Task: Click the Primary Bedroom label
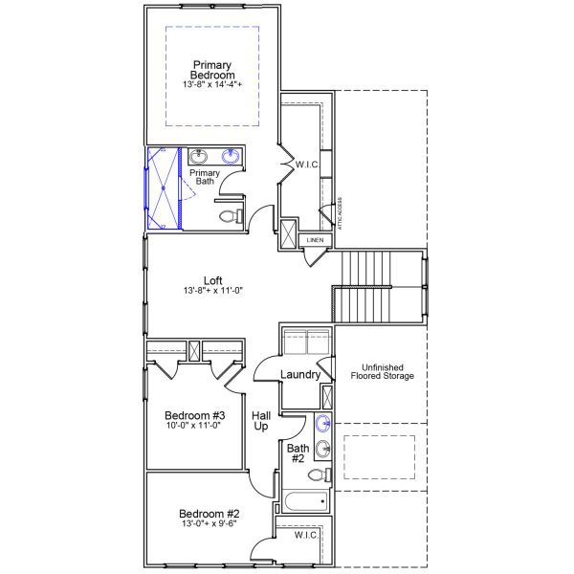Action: click(x=212, y=70)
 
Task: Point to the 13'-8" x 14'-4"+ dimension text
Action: click(x=212, y=85)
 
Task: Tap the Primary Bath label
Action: click(x=206, y=177)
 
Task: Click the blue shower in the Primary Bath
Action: click(x=163, y=188)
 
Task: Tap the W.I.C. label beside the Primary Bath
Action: click(x=307, y=165)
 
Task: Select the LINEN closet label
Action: click(x=316, y=239)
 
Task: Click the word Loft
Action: click(x=212, y=281)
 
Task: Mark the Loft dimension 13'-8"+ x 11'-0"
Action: click(x=212, y=292)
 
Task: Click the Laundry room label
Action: click(x=300, y=374)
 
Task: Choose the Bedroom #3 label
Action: click(x=194, y=415)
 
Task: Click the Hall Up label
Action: click(x=260, y=421)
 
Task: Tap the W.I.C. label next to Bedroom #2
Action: click(x=306, y=535)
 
